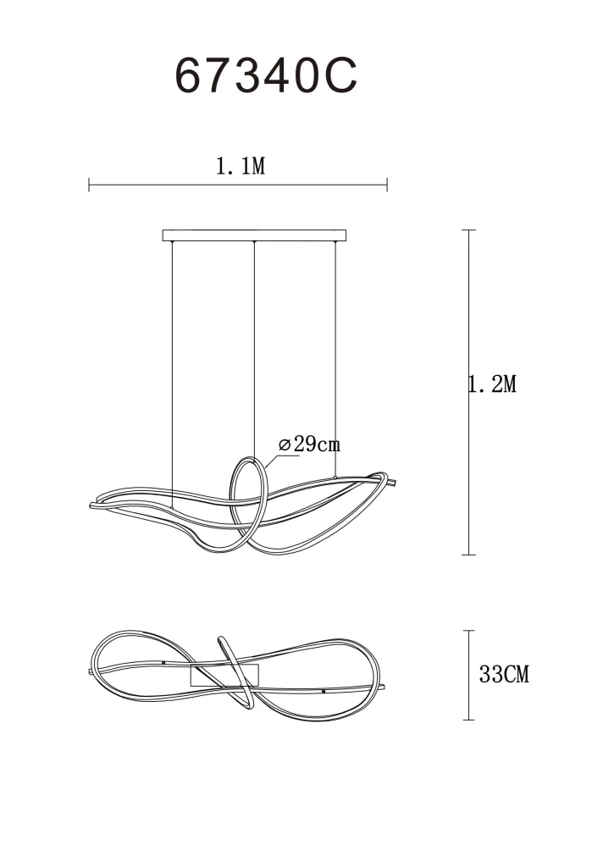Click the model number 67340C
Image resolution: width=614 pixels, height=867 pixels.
point(266,75)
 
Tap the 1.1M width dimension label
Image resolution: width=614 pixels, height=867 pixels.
point(241,166)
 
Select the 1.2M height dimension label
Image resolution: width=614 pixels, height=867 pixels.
point(493,384)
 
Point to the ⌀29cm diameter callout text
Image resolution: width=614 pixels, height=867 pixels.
point(309,444)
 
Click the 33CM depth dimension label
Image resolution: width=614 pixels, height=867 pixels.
point(504,674)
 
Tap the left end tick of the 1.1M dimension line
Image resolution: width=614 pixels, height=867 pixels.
point(89,185)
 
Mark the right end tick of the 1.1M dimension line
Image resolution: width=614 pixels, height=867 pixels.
point(387,185)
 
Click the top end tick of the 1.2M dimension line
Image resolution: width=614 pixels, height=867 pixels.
point(469,230)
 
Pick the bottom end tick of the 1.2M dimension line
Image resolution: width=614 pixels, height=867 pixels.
point(469,554)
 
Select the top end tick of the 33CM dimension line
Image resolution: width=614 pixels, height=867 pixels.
point(469,630)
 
